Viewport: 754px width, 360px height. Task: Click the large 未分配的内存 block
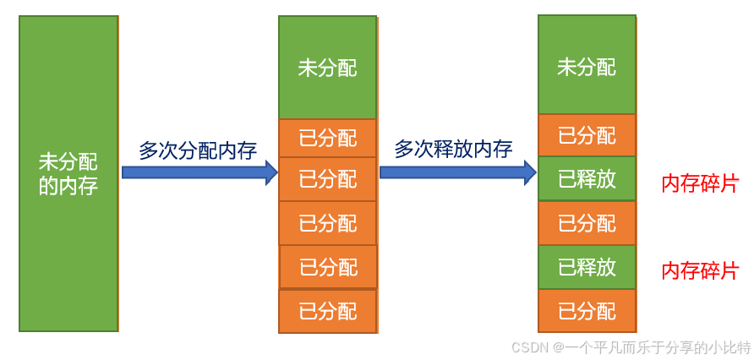68,173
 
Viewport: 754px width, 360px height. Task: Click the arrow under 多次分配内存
199,172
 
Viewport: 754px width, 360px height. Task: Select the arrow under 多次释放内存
457,172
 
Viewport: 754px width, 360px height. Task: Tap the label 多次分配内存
198,150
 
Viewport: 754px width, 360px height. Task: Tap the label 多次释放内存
454,150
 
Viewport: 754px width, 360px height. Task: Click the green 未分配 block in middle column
328,68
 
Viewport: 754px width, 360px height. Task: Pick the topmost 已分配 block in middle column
328,138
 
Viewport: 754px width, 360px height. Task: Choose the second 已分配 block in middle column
328,179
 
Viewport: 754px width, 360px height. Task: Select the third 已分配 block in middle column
328,223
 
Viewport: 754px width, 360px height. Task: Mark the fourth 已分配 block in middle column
328,267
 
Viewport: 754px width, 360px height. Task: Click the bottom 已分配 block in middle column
328,311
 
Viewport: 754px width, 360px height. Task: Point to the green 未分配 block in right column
587,65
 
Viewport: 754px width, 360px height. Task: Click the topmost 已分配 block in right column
587,135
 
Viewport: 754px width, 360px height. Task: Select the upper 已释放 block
587,178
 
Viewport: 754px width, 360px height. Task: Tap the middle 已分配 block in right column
587,223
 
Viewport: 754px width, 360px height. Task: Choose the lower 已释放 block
587,267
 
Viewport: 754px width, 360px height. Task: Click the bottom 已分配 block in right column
587,311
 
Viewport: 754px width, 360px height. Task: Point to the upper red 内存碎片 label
700,183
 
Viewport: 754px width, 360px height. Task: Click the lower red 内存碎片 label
700,271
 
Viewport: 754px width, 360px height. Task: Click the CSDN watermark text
631,347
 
